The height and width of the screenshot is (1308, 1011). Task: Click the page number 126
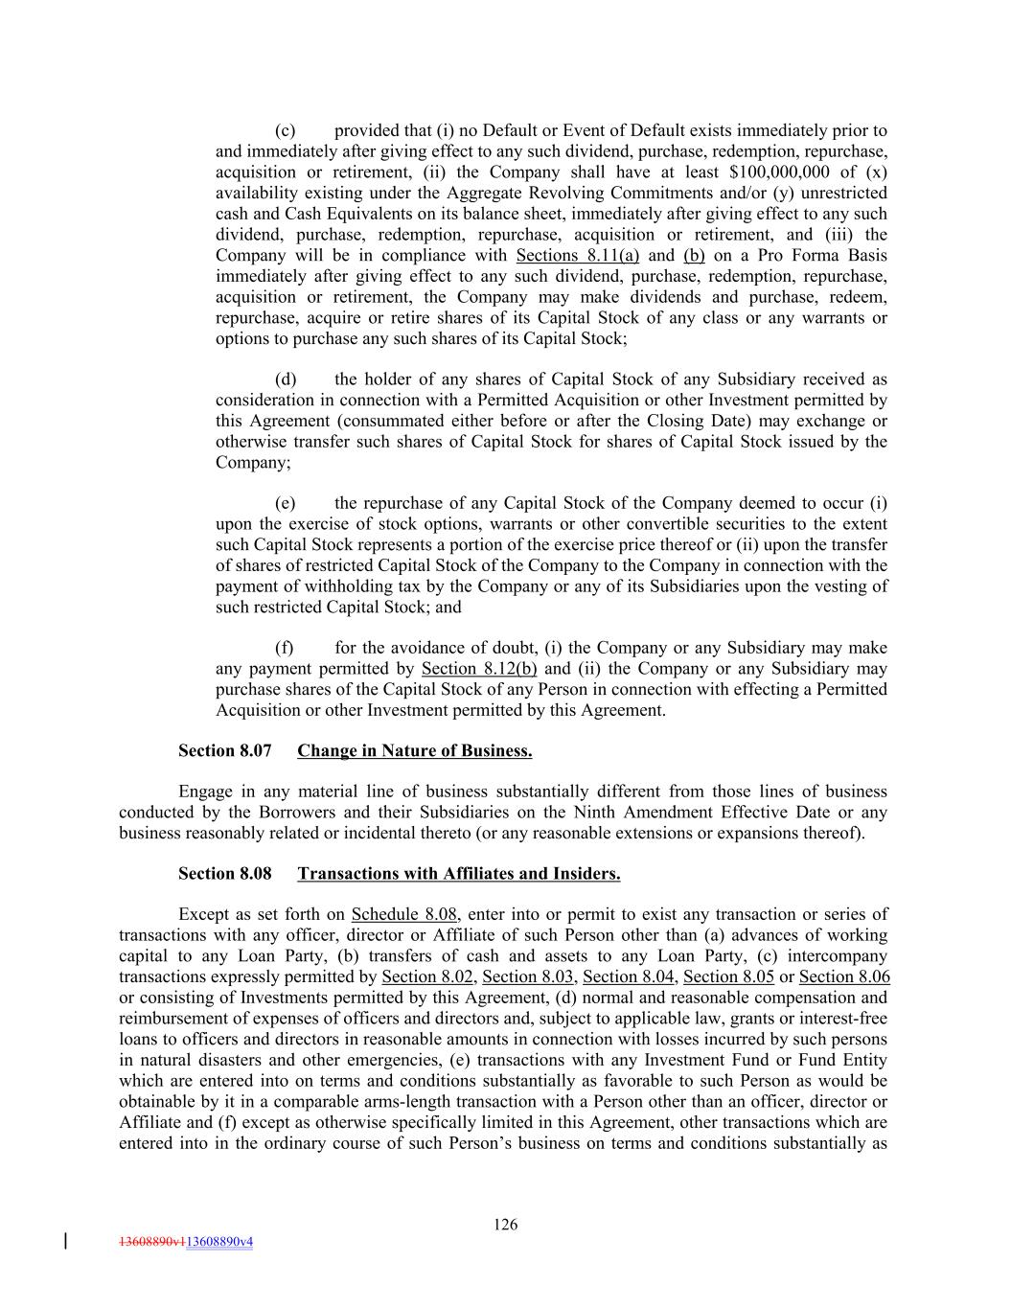506,1224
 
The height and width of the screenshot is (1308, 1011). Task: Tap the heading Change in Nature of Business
415,750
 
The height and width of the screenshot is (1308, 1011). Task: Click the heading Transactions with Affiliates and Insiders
459,873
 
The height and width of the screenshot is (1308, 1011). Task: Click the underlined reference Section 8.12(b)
479,669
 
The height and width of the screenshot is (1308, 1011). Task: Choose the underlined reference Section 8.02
427,976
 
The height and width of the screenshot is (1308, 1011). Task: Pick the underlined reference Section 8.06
844,976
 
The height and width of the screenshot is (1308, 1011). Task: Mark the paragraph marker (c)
285,130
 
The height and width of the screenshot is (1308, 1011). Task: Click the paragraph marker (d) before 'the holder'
285,379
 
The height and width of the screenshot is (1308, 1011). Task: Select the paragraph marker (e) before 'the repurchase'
285,503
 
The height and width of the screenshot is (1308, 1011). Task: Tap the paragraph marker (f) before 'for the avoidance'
284,649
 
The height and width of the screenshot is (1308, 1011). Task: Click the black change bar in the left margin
65,1241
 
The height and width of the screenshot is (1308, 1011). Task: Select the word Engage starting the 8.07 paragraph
205,792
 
